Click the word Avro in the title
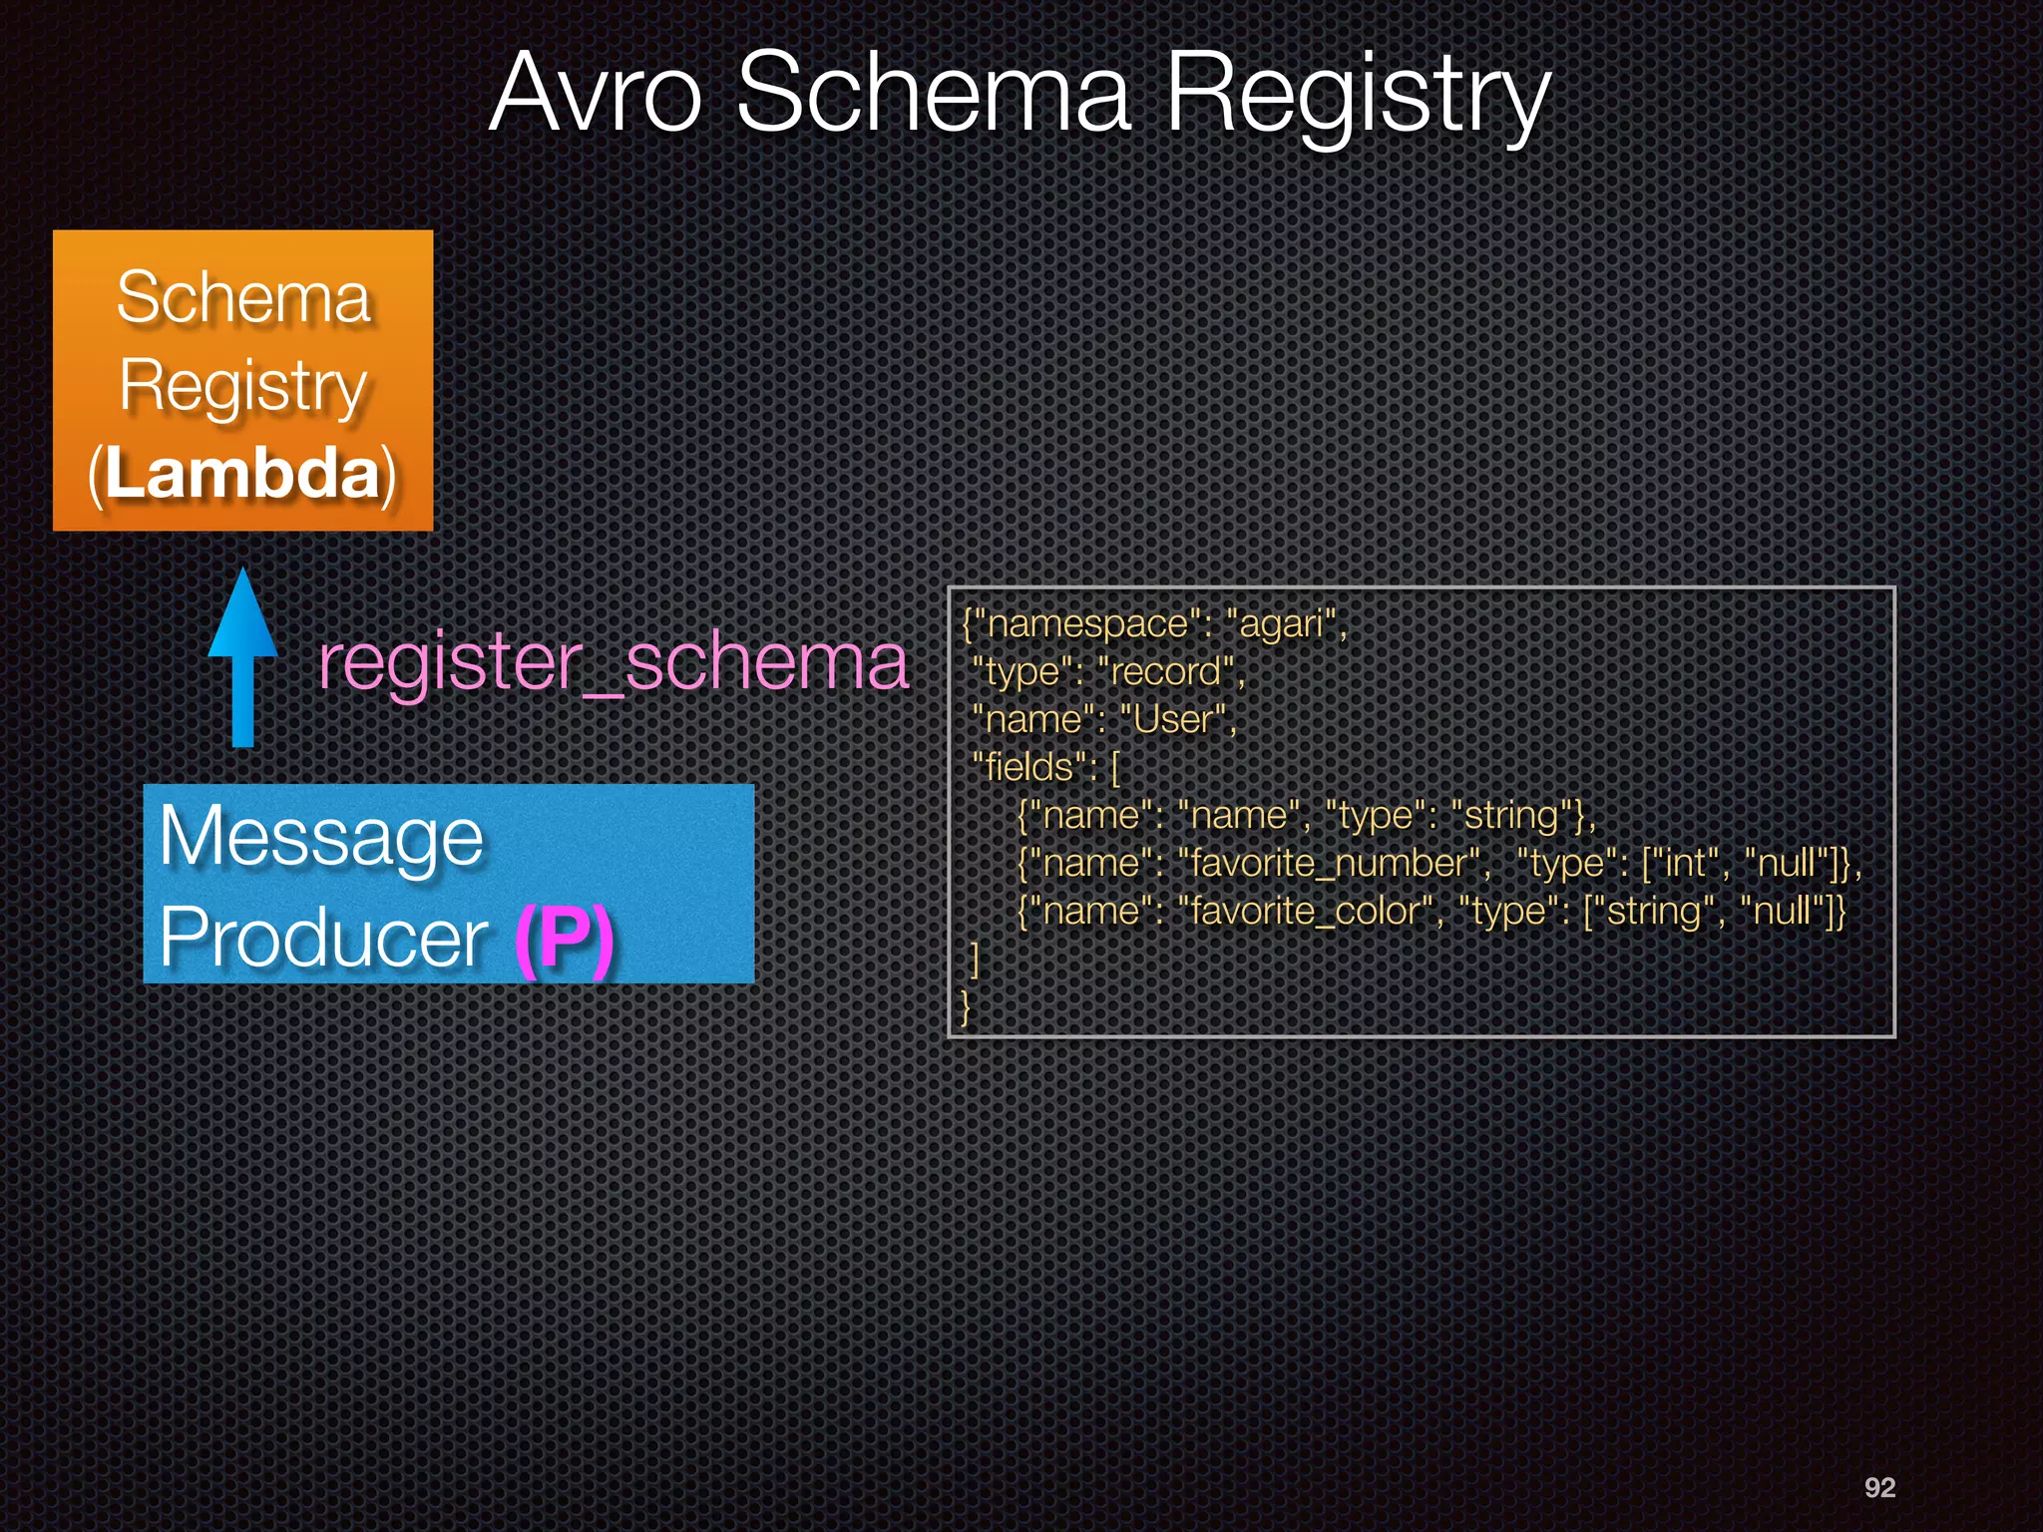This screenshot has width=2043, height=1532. (x=597, y=95)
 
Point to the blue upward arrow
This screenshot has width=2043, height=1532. (x=242, y=658)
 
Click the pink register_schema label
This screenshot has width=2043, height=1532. (x=613, y=662)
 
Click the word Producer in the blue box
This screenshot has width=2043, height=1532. (x=323, y=938)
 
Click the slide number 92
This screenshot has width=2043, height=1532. (x=1879, y=1487)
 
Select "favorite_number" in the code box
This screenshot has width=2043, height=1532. (x=1327, y=864)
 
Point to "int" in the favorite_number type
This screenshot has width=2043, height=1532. (x=1685, y=864)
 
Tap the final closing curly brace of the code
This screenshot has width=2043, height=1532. (x=965, y=1006)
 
